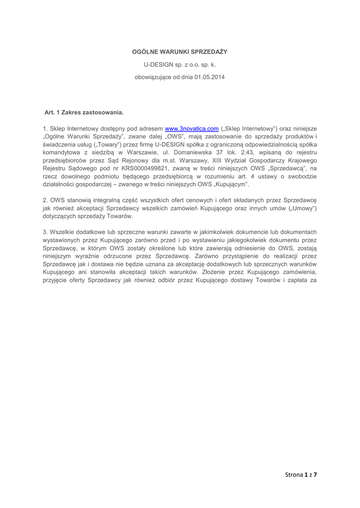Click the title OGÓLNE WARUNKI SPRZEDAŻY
pyautogui.click(x=180, y=52)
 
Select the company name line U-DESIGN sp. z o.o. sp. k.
pyautogui.click(x=180, y=64)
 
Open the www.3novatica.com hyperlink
pyautogui.click(x=192, y=128)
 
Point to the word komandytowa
pyautogui.click(x=64, y=152)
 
